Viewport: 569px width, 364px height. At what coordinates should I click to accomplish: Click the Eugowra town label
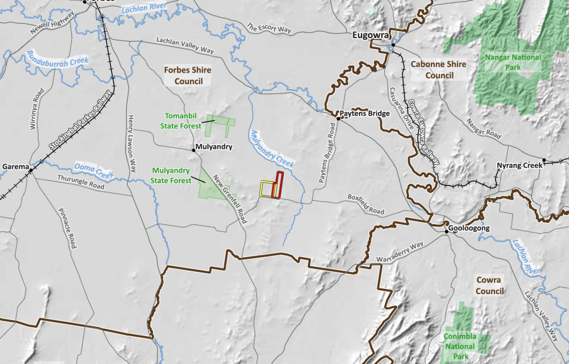[x=370, y=36]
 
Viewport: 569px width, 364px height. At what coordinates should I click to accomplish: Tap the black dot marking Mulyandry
[x=193, y=150]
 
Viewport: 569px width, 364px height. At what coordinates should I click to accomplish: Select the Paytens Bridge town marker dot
[x=339, y=119]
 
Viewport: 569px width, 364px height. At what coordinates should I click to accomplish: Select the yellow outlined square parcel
[x=266, y=189]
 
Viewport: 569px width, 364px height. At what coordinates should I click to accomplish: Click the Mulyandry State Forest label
[x=171, y=175]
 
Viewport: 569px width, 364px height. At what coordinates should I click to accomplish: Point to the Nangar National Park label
[x=513, y=62]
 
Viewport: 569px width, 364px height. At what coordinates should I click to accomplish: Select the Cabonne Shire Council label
[x=438, y=69]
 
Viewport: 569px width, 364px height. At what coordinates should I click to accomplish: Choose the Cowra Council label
[x=490, y=286]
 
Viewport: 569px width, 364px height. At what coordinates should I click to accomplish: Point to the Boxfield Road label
[x=366, y=205]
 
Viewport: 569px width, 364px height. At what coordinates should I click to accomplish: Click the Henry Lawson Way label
[x=132, y=142]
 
